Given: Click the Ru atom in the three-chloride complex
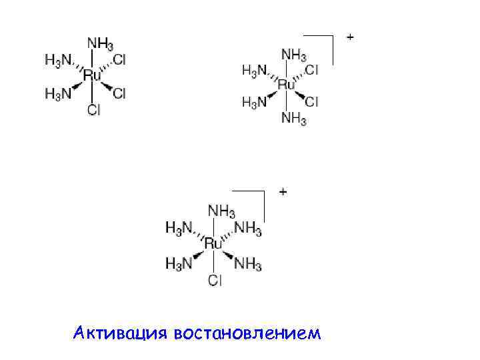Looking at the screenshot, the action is tap(92, 76).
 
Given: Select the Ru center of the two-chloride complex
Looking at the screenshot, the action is tap(286, 85).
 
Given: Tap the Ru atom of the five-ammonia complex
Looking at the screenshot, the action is tap(213, 244).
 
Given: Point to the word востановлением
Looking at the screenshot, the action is tap(246, 332).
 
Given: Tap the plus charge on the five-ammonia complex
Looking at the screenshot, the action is tap(283, 192).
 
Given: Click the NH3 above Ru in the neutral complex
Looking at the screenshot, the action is tap(99, 43).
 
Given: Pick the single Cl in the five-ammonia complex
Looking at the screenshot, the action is tap(215, 280).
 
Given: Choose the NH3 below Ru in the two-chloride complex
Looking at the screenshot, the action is tap(294, 119).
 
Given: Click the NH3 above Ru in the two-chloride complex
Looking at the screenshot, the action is tap(294, 54).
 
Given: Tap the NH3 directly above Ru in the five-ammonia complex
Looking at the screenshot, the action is tap(221, 211).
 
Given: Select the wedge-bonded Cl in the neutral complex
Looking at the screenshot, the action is tap(119, 93).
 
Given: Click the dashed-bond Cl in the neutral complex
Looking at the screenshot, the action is tap(119, 60).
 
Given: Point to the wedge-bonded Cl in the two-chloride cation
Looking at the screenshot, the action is tap(312, 101).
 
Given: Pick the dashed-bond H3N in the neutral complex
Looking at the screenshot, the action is tap(58, 60).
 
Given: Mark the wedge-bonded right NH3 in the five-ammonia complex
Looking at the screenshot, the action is tap(248, 264).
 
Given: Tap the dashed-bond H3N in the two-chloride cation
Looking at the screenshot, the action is tap(254, 69).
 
